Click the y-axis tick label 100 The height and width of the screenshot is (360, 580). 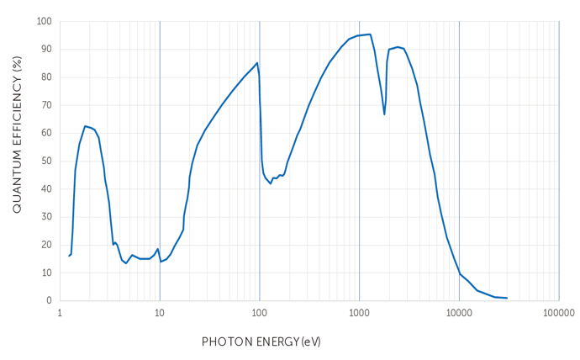point(43,21)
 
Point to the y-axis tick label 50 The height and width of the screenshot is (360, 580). point(45,161)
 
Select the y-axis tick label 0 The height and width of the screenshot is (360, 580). point(49,300)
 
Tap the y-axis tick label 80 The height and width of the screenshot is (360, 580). point(45,77)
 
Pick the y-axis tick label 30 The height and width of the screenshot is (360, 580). point(45,217)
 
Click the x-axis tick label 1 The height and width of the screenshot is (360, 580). point(60,312)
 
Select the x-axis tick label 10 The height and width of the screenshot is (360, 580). point(160,312)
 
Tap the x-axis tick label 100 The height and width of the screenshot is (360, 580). point(260,312)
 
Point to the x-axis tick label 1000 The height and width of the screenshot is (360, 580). point(359,312)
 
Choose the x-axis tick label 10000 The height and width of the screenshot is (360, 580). point(459,312)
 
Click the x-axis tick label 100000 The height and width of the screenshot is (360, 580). point(559,312)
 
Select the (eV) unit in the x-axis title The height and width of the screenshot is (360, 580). point(311,342)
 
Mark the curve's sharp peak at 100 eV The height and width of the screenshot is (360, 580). point(257,63)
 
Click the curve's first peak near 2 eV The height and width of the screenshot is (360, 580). point(85,126)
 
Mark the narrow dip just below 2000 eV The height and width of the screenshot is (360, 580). point(384,114)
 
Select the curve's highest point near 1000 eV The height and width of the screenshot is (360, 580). point(368,34)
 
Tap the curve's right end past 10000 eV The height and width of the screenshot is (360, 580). point(507,298)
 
